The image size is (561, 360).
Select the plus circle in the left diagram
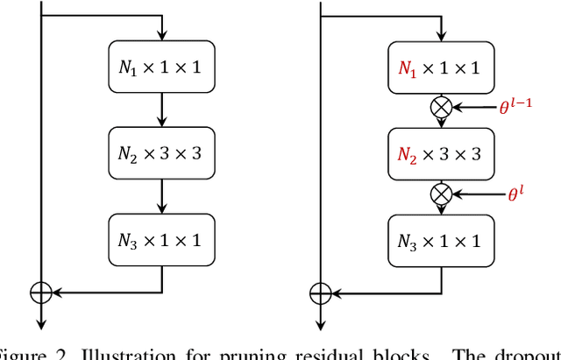[41, 293]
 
